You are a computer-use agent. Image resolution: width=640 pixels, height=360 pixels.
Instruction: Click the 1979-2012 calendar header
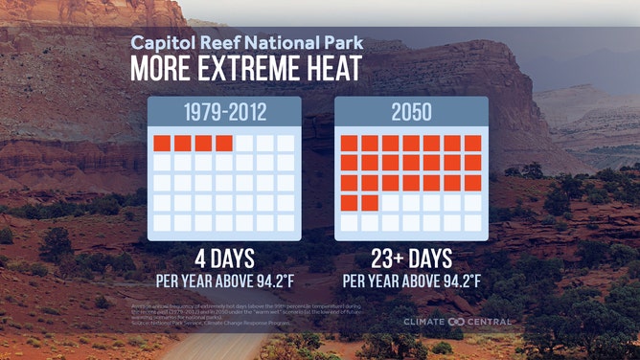pos(224,112)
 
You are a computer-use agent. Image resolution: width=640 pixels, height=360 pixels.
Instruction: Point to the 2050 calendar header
pos(410,112)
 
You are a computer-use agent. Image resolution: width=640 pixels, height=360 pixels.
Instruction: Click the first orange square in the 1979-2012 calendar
pos(162,144)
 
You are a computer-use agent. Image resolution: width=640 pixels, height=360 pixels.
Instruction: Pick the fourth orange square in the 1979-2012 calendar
pos(224,144)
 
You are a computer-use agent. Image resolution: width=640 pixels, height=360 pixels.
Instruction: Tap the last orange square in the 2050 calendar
pos(369,202)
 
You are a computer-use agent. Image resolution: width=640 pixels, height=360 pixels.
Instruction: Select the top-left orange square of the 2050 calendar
pos(349,144)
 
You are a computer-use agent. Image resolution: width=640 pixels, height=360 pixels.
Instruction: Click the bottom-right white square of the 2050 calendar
pos(472,222)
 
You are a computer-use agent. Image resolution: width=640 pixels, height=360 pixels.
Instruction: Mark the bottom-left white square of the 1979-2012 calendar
pos(162,222)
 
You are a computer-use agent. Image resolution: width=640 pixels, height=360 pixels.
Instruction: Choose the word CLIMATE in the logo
pos(424,322)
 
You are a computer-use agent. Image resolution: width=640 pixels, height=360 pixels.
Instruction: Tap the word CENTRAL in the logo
pos(491,322)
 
